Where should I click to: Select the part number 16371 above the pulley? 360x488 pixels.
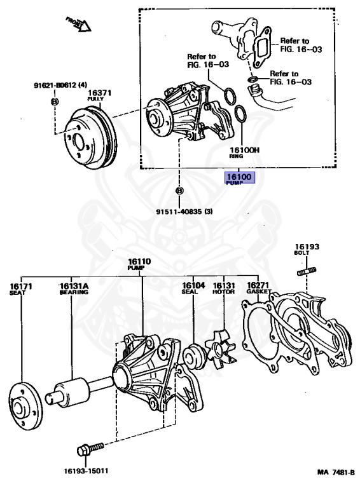tap(99, 93)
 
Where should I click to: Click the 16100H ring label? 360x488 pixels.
tap(244, 151)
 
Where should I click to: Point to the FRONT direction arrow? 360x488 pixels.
tap(79, 25)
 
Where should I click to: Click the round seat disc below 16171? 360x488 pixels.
tap(23, 400)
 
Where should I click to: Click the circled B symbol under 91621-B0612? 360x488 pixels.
tap(55, 102)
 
